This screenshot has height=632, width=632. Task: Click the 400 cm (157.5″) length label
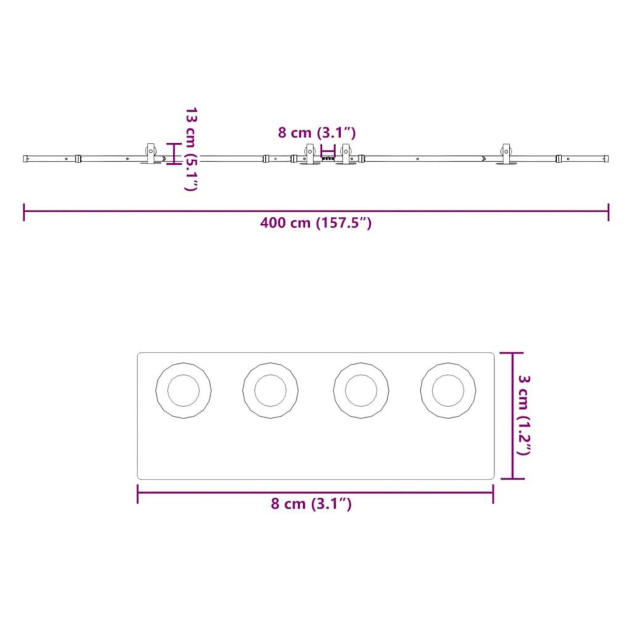click(x=316, y=223)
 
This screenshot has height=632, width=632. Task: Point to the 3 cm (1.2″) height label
click(x=525, y=415)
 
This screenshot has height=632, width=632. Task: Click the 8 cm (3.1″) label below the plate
click(x=311, y=504)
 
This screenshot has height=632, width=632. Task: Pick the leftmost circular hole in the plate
click(x=183, y=391)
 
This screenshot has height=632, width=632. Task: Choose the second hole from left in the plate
click(x=270, y=391)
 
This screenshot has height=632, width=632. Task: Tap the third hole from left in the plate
click(x=361, y=391)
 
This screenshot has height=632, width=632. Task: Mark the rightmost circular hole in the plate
click(x=448, y=391)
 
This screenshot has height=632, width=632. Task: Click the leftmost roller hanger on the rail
click(x=151, y=153)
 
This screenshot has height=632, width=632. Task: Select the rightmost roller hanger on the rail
click(x=506, y=153)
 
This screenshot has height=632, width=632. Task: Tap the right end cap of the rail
click(x=606, y=158)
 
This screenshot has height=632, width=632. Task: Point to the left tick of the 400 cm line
click(x=24, y=212)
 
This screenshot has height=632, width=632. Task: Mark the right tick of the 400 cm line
click(x=609, y=212)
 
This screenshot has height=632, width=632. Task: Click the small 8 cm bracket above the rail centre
click(x=328, y=150)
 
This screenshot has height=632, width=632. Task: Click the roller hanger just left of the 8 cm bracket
click(x=310, y=153)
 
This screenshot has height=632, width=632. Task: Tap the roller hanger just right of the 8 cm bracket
click(x=346, y=153)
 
